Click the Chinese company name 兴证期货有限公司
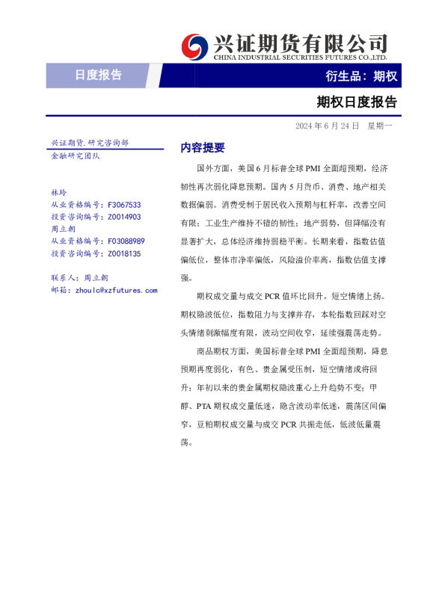click(301, 43)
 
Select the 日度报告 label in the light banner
click(98, 75)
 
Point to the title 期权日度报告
click(356, 102)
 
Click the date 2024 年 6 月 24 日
click(327, 126)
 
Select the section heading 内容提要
click(203, 147)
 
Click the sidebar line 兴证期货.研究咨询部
click(89, 142)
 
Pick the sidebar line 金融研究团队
click(76, 155)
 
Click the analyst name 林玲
click(58, 193)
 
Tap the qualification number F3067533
click(124, 205)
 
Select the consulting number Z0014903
click(124, 217)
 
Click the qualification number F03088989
click(126, 241)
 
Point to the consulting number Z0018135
click(124, 253)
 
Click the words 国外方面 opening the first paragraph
click(212, 169)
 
